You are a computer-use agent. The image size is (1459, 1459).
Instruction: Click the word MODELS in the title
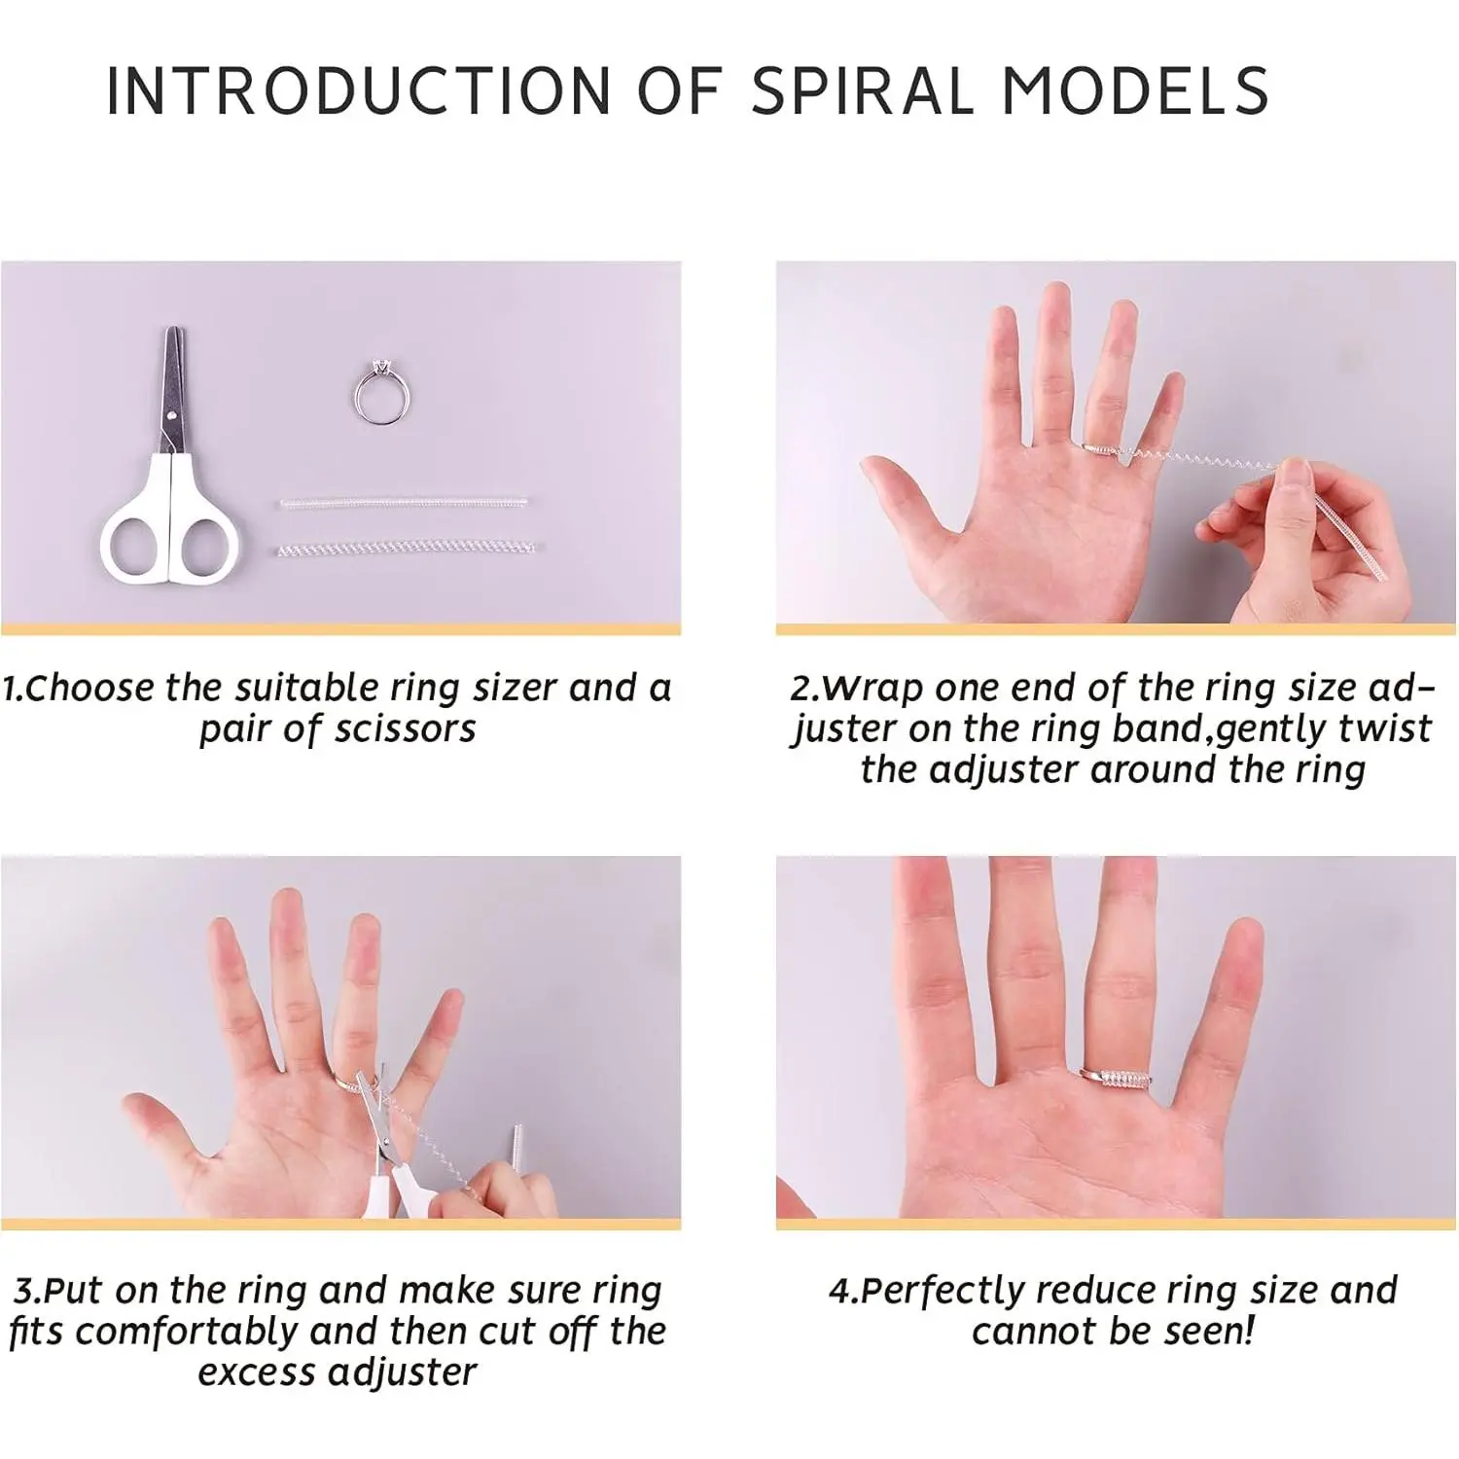pos(1135,91)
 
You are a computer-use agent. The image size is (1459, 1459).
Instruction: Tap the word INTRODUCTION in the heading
pos(358,91)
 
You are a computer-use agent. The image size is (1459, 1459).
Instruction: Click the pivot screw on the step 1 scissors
pos(172,415)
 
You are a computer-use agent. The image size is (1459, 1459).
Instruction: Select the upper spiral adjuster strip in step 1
pos(405,504)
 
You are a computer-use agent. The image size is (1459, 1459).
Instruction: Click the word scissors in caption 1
pos(408,729)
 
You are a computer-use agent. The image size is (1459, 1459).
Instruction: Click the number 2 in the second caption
pos(801,689)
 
